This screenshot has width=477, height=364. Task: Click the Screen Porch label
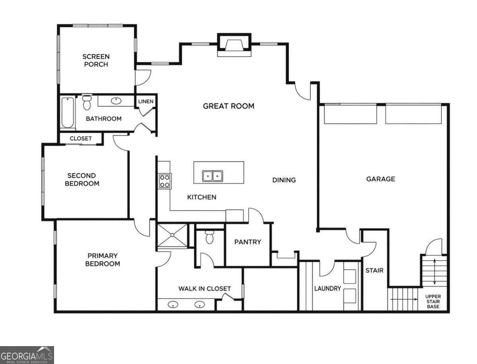click(96, 60)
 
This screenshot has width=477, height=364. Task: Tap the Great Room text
click(229, 106)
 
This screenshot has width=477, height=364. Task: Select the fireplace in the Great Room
click(234, 45)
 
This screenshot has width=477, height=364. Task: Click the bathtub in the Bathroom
click(67, 113)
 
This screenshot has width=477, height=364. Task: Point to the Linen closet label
click(145, 101)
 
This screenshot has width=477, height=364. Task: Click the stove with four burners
click(165, 181)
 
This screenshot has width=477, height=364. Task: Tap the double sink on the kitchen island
click(213, 176)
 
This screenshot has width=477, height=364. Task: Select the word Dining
click(284, 180)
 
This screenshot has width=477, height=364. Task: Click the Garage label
click(380, 179)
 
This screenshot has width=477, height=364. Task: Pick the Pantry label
click(248, 242)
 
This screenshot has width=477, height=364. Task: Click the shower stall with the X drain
click(172, 235)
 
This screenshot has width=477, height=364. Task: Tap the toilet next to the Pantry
click(209, 237)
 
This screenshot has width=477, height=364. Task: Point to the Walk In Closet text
click(204, 288)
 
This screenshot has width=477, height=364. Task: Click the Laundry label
click(328, 288)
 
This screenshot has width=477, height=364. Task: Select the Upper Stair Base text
click(433, 302)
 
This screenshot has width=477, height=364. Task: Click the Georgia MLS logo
click(27, 355)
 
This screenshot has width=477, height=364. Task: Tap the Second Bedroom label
click(82, 179)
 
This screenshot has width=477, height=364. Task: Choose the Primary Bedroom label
click(102, 260)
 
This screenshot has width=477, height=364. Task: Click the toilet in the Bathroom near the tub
click(87, 103)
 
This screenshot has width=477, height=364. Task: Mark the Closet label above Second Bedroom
click(81, 138)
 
